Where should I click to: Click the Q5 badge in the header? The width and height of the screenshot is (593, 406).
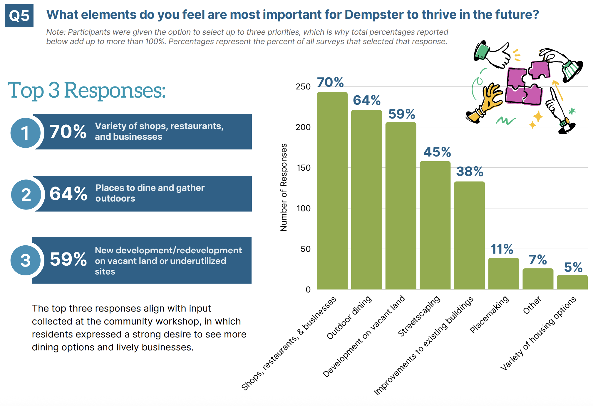(19, 16)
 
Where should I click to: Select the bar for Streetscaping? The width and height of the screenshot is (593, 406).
(435, 225)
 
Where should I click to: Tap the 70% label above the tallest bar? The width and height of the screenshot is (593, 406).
(330, 82)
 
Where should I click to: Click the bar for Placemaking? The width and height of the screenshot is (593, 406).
(503, 274)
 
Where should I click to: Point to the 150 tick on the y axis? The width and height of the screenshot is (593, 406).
(303, 168)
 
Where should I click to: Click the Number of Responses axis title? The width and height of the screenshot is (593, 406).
(284, 187)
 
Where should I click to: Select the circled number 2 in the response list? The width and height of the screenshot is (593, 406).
(26, 194)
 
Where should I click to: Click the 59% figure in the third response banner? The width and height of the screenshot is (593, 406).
(68, 259)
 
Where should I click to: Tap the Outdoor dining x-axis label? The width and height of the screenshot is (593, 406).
(349, 318)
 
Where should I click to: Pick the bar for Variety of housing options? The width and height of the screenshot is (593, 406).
(572, 282)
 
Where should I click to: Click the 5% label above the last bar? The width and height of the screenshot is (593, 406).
(573, 267)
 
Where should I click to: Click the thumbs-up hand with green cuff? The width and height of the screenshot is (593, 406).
(494, 54)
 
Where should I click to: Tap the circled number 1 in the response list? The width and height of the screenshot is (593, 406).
(26, 133)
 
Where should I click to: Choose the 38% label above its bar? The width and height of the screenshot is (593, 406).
(470, 172)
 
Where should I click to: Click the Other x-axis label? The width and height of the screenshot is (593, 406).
(532, 305)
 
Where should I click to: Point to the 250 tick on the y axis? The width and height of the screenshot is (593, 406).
(303, 87)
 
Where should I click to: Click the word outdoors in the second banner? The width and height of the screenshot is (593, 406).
(115, 199)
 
